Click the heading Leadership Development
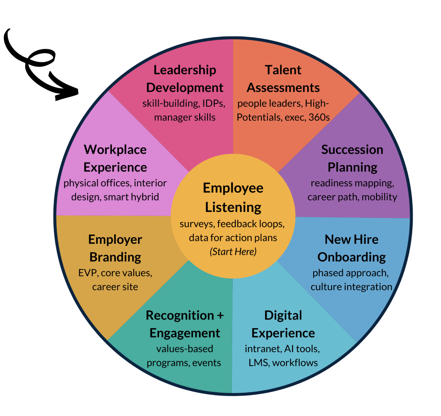tap(185, 78)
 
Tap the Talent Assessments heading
tap(283, 78)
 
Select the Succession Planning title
tap(352, 158)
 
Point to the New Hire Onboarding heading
tap(352, 248)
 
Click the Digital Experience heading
tap(283, 324)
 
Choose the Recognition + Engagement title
tap(185, 324)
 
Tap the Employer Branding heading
tap(115, 248)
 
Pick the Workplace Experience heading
tap(115, 158)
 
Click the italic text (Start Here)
tap(233, 252)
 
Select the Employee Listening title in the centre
tap(233, 197)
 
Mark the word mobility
tap(379, 197)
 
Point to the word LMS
tap(258, 362)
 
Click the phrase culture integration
tap(351, 287)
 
